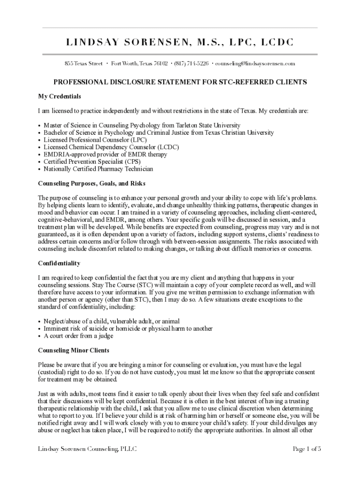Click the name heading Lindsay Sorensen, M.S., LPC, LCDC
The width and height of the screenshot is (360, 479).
[x=180, y=43]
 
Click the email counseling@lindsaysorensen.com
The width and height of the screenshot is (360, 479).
[x=255, y=63]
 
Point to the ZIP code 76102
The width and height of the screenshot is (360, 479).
[x=161, y=63]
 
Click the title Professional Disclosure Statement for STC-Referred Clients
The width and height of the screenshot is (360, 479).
[x=180, y=82]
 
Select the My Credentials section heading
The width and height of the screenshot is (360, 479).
[x=59, y=96]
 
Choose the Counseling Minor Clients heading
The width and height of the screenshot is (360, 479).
[x=73, y=350]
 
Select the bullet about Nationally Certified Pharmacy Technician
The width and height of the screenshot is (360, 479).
[x=98, y=169]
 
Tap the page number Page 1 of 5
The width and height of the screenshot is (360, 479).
[x=307, y=450]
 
